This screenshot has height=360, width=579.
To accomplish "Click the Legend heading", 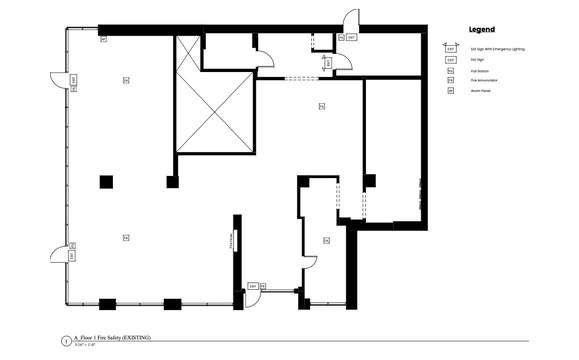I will point(481,30).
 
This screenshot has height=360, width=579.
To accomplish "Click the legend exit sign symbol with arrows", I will point(450,48).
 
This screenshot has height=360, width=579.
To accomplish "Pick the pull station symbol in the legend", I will point(450,70).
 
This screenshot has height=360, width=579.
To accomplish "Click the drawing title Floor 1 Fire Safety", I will point(112,339).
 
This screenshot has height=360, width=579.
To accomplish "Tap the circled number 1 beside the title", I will point(66,341).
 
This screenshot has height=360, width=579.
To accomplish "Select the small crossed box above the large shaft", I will point(188,52).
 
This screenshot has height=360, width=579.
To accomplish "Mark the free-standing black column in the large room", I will point(106,181).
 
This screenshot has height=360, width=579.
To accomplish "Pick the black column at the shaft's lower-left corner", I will point(173,181).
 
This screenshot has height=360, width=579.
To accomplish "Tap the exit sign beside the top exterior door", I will point(341,37).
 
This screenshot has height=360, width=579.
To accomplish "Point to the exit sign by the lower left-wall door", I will point(71,254).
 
